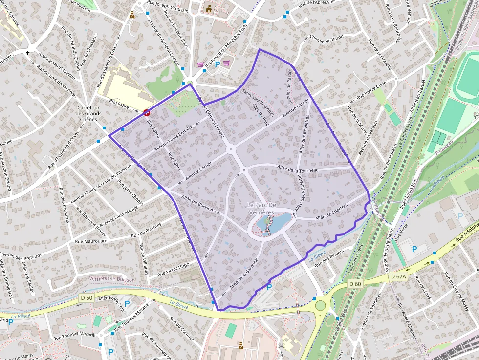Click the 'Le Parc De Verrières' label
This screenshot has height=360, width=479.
coord(268,208)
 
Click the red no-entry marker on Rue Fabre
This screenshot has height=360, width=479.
coord(146,113)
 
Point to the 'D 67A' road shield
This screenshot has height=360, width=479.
coord(399,276)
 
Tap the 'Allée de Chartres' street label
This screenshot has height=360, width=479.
coord(332,209)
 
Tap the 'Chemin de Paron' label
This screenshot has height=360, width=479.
coord(327,39)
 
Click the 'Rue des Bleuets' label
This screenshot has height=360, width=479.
coord(329,256)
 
